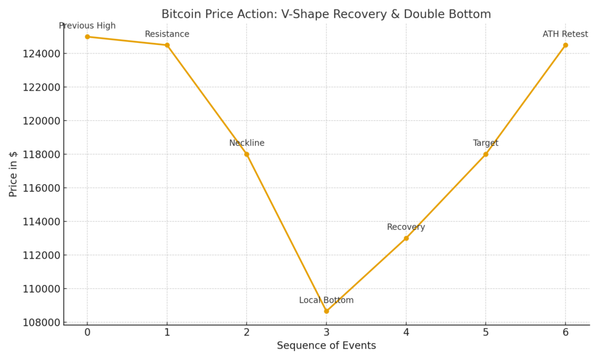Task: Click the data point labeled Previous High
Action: click(87, 36)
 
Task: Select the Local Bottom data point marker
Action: click(326, 311)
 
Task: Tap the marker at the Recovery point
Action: click(406, 238)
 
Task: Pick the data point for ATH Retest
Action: click(565, 45)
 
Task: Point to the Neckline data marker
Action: click(247, 154)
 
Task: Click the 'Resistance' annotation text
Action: click(167, 34)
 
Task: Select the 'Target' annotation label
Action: click(486, 143)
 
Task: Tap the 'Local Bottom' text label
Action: click(326, 300)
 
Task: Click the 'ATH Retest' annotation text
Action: click(565, 34)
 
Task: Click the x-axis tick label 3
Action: click(326, 332)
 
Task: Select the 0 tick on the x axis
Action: click(87, 332)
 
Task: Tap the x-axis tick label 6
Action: click(565, 332)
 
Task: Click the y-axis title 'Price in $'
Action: click(13, 174)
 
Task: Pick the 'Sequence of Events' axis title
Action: click(326, 346)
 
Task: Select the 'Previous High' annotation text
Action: click(87, 26)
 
